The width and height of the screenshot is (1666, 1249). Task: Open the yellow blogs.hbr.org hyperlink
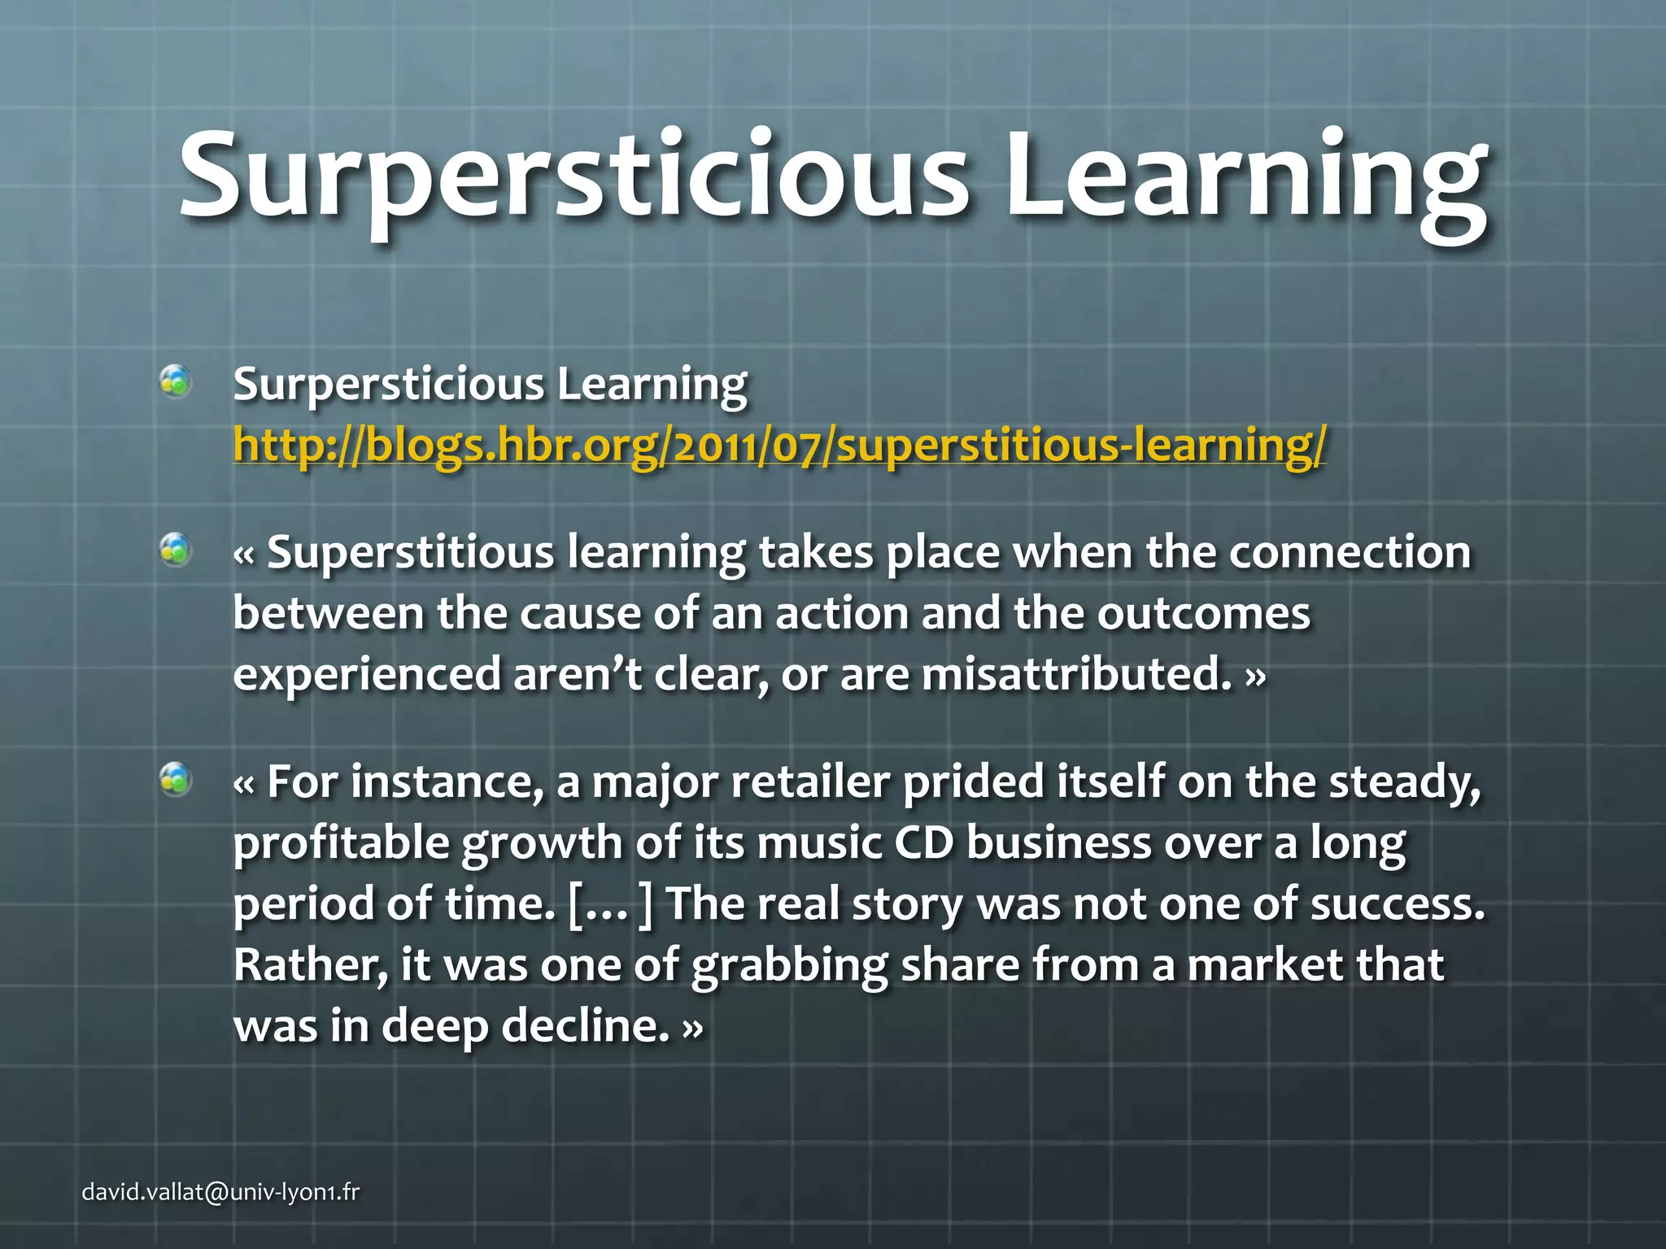(x=779, y=445)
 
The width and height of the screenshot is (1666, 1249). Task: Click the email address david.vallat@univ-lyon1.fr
(x=220, y=1192)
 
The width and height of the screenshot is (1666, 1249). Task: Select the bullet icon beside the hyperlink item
(x=176, y=381)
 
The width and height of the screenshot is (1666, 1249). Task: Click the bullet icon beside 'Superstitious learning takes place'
(x=176, y=551)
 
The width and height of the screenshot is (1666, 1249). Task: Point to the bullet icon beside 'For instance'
(x=176, y=780)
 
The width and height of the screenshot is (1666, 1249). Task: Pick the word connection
(x=1350, y=553)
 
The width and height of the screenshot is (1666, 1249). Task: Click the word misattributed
(x=1076, y=675)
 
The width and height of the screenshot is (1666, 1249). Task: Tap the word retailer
(x=810, y=782)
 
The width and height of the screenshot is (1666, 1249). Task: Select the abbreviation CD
(x=923, y=843)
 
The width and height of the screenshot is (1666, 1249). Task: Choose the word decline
(x=585, y=1026)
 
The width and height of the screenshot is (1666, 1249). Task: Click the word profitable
(x=341, y=843)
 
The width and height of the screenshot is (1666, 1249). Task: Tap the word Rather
(x=310, y=965)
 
